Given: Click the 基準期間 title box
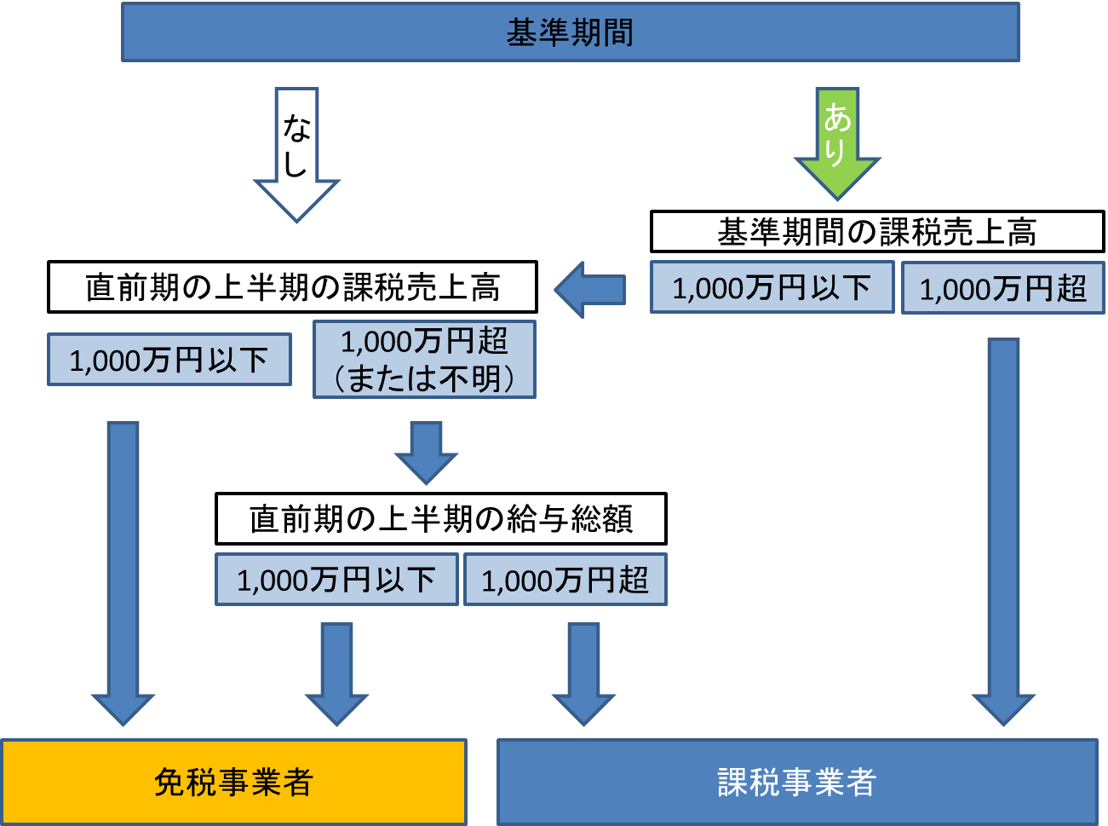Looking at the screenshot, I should click(570, 32).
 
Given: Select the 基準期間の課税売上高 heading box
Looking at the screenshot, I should click(876, 232).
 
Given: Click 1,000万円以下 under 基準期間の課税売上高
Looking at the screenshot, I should click(772, 287).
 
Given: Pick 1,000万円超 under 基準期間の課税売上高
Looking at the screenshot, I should click(1002, 288).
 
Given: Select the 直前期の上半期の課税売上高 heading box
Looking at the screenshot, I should click(292, 287).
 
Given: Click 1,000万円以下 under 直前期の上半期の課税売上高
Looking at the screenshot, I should click(169, 360).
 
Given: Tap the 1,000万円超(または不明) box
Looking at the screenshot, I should click(424, 359).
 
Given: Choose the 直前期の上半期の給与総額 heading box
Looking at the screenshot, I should click(440, 518).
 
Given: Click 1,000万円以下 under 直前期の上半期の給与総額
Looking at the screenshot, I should click(336, 580).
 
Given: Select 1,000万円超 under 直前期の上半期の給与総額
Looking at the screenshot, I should click(565, 580).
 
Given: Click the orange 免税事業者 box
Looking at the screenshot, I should click(233, 782).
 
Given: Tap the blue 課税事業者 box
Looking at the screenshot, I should click(797, 782).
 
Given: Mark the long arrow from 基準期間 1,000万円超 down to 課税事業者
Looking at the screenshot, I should click(1003, 529).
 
